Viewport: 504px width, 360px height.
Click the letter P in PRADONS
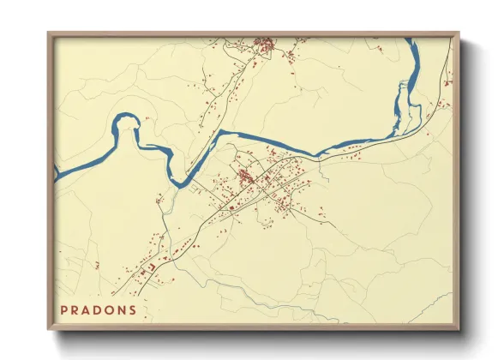[64, 309]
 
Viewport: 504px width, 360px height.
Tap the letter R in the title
[76, 309]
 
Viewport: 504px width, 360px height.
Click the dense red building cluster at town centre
[246, 177]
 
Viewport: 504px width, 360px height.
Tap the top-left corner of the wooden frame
[49, 33]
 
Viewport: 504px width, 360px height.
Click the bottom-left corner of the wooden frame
[49, 329]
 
